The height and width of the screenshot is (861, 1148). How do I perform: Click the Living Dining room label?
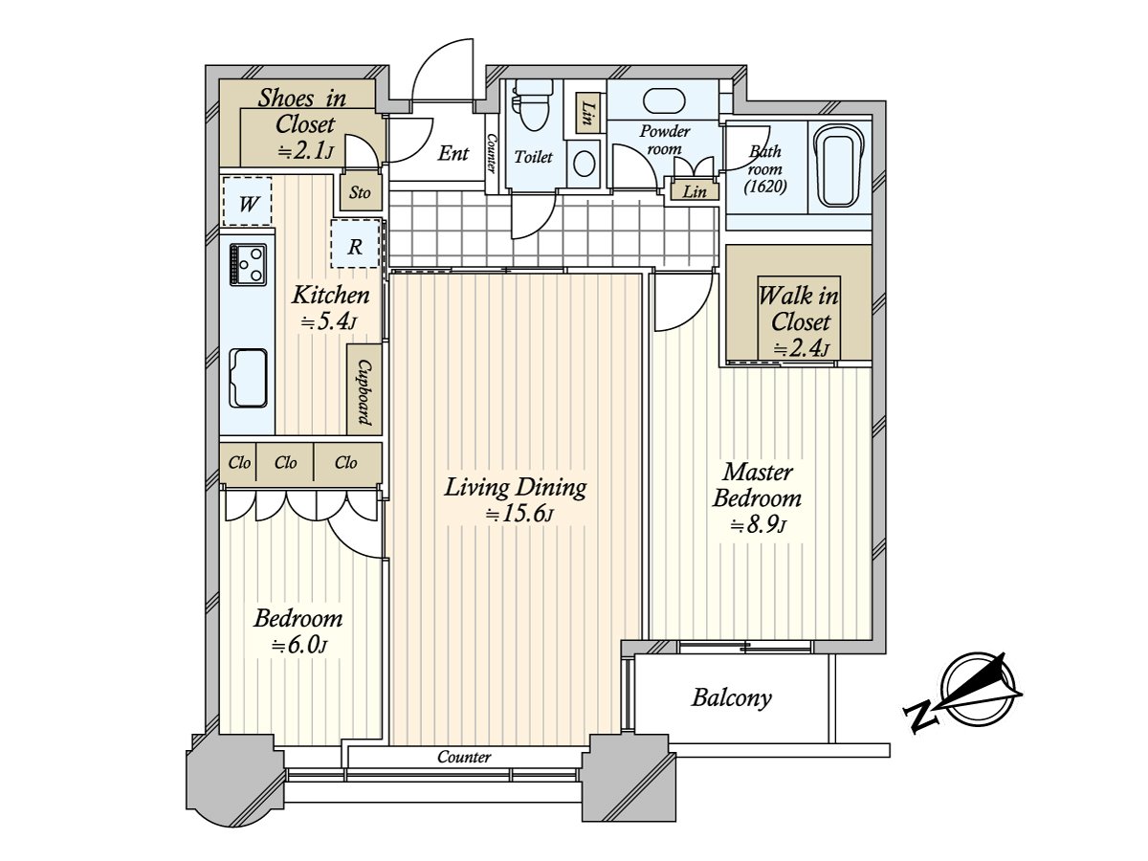[515, 488]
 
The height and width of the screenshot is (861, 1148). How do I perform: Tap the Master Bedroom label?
[757, 486]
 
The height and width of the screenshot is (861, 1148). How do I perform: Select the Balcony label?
[731, 698]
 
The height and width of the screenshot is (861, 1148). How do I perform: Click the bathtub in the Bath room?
[839, 166]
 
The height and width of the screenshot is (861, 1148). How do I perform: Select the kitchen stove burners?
[248, 265]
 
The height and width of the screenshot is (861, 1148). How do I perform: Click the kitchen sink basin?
[249, 377]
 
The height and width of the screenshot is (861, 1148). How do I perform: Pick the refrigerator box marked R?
[355, 244]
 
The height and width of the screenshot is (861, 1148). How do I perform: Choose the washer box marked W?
[248, 202]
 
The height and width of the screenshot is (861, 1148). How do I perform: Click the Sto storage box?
[360, 191]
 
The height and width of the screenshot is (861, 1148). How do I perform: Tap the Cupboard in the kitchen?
[364, 389]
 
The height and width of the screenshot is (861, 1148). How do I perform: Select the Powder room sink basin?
[664, 100]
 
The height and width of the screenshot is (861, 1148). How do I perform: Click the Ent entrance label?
[453, 153]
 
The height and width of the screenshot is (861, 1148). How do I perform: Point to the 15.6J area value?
[519, 515]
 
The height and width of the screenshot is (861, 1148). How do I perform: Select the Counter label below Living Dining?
[464, 757]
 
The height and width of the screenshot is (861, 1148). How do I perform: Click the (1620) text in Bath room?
[765, 187]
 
